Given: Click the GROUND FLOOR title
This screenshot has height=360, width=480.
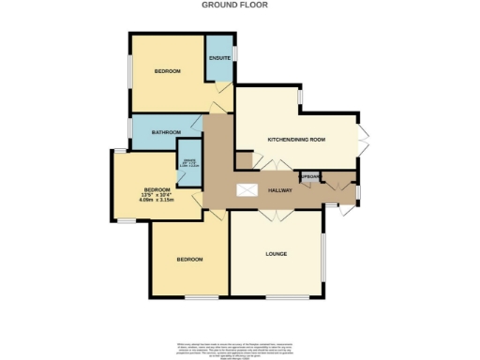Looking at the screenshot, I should point(234,5).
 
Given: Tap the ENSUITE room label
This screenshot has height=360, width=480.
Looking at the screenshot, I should point(220,59).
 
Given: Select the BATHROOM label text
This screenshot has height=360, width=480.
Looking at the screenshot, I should point(165,132).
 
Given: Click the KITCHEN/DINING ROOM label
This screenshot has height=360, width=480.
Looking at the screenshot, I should point(296,140).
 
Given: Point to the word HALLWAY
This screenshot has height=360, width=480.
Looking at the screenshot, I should point(280,190).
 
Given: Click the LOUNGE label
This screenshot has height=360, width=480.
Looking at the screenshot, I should point(276,253).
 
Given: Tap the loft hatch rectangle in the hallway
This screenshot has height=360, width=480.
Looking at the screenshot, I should point(248,190).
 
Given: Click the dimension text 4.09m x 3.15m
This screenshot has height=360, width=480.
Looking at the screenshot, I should point(157,199).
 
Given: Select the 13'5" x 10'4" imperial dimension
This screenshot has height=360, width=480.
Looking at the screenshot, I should point(157,193).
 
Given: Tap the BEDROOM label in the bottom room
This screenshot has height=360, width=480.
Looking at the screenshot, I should point(189,259).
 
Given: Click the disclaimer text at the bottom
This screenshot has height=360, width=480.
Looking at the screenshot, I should point(240,345).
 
